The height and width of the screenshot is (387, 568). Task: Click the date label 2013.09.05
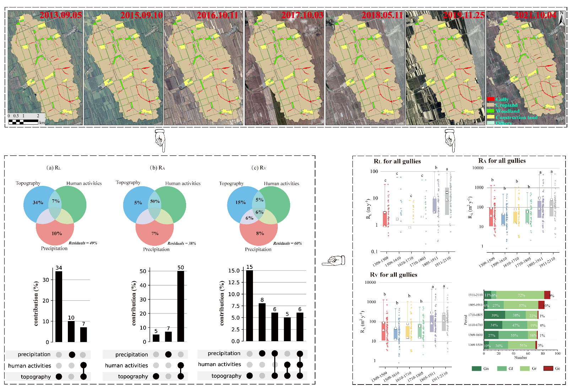60,15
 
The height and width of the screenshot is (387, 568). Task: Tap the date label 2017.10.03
302,15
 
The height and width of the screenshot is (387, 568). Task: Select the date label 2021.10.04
535,15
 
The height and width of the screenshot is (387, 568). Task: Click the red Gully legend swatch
491,99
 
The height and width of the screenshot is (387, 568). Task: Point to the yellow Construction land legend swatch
491,117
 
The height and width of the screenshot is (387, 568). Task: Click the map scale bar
23,122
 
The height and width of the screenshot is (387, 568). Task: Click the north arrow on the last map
562,18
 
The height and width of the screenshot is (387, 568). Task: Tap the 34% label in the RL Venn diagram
38,203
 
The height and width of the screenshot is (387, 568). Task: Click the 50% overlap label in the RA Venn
155,201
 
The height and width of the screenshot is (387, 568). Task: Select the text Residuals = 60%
287,243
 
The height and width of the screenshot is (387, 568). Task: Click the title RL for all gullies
397,161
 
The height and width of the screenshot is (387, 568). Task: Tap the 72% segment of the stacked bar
521,295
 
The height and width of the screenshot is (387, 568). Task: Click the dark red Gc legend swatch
548,369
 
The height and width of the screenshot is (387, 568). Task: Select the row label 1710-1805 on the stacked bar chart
475,315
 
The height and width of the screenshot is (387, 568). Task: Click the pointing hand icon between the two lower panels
333,261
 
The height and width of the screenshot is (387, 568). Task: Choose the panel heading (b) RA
157,168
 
